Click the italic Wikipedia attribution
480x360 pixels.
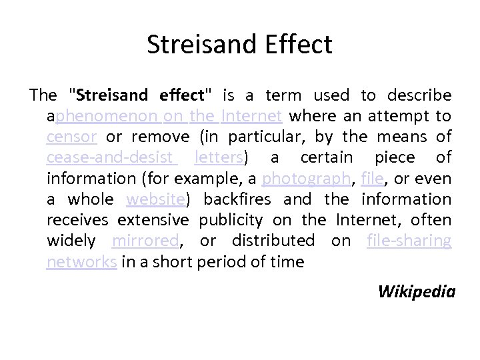(x=416, y=291)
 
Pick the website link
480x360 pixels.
(x=155, y=199)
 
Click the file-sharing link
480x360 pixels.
(x=409, y=240)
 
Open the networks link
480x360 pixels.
(x=82, y=261)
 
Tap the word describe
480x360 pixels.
(x=421, y=95)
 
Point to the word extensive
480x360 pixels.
(x=153, y=219)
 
